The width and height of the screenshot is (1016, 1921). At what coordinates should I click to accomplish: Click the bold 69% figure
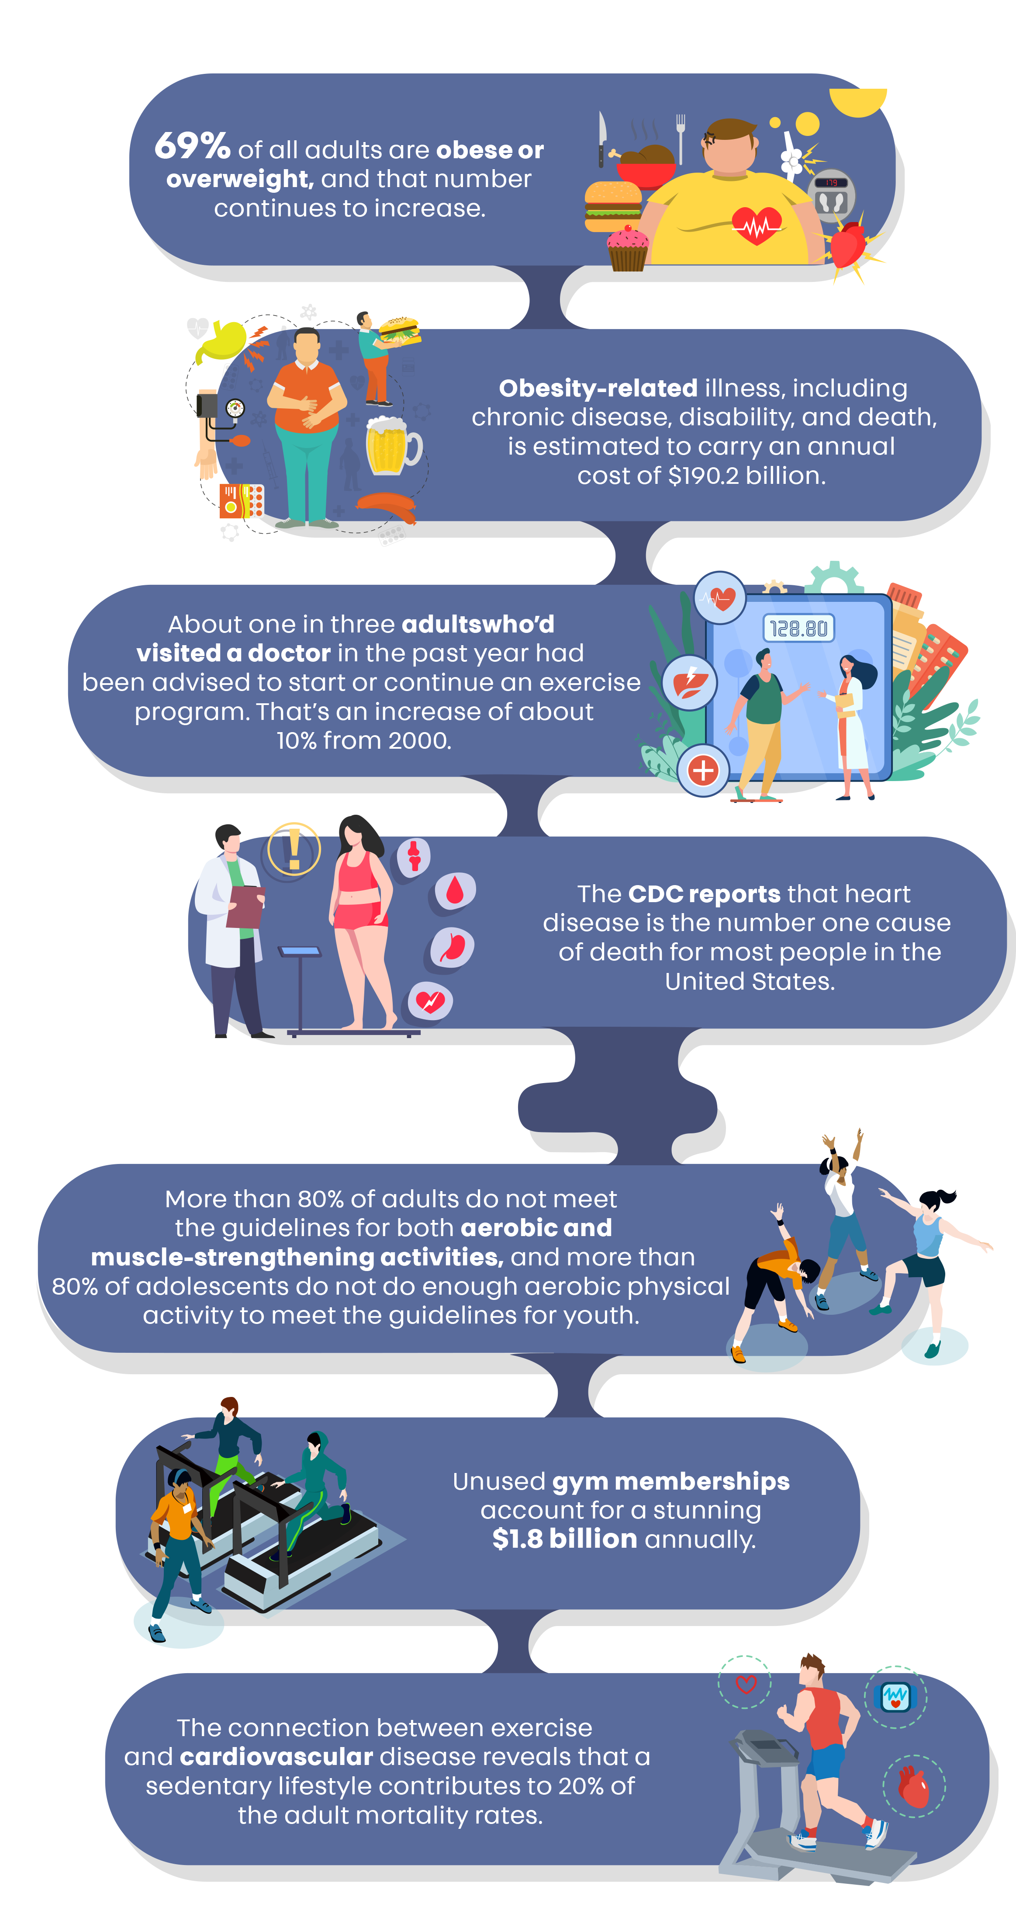pos(192,146)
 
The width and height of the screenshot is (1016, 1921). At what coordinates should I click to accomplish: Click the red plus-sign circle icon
pos(703,770)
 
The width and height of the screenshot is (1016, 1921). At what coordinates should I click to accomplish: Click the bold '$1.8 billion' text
pos(564,1539)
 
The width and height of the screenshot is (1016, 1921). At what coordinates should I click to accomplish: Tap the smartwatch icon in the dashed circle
pos(895,1697)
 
